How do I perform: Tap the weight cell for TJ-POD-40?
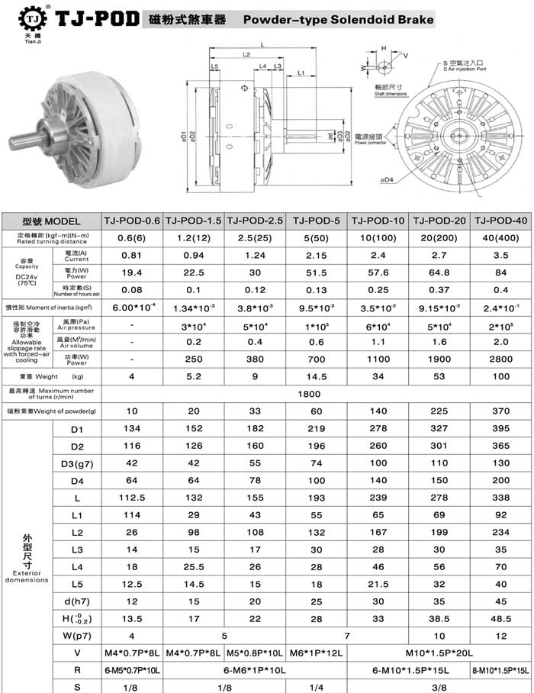click(501, 376)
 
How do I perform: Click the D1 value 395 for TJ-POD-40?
click(501, 430)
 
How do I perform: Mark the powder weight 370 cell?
click(501, 411)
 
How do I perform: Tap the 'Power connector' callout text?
click(371, 143)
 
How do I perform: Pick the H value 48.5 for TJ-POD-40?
click(501, 617)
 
